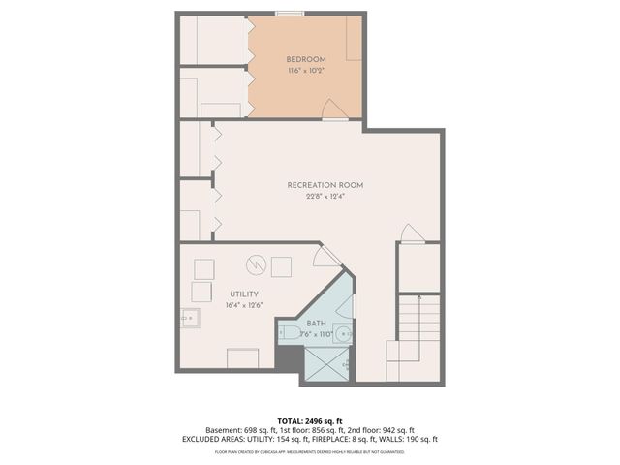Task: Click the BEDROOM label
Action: click(x=305, y=58)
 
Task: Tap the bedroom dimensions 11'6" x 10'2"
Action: click(x=305, y=71)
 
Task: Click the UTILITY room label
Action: click(x=243, y=294)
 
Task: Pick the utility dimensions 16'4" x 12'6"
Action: click(x=243, y=306)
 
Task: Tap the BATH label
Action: click(x=317, y=323)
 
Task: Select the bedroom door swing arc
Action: click(x=330, y=108)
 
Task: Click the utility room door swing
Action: click(x=326, y=255)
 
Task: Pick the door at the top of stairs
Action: click(x=411, y=233)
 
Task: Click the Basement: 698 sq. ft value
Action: click(x=240, y=430)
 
